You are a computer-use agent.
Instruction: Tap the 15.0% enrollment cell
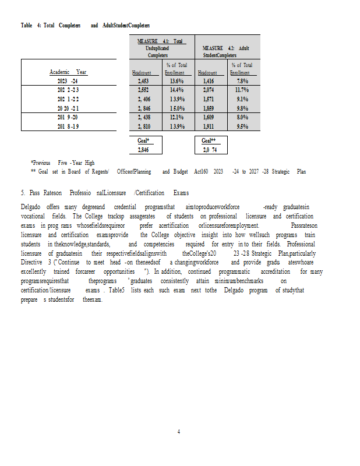pos(177,108)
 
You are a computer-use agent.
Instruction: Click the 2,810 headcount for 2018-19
pos(143,126)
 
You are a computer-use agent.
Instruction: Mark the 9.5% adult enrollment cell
pos(242,126)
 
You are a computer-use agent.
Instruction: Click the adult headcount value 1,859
pos(210,108)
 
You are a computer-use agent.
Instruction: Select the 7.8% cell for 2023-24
pos(242,82)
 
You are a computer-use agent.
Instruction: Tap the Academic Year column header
pos(68,72)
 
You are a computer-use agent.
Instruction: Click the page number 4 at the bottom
pos(179,432)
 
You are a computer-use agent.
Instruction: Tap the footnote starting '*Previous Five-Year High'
pos(62,163)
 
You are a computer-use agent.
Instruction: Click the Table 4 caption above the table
pos(85,26)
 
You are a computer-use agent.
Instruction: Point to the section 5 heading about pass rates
pos(104,193)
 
